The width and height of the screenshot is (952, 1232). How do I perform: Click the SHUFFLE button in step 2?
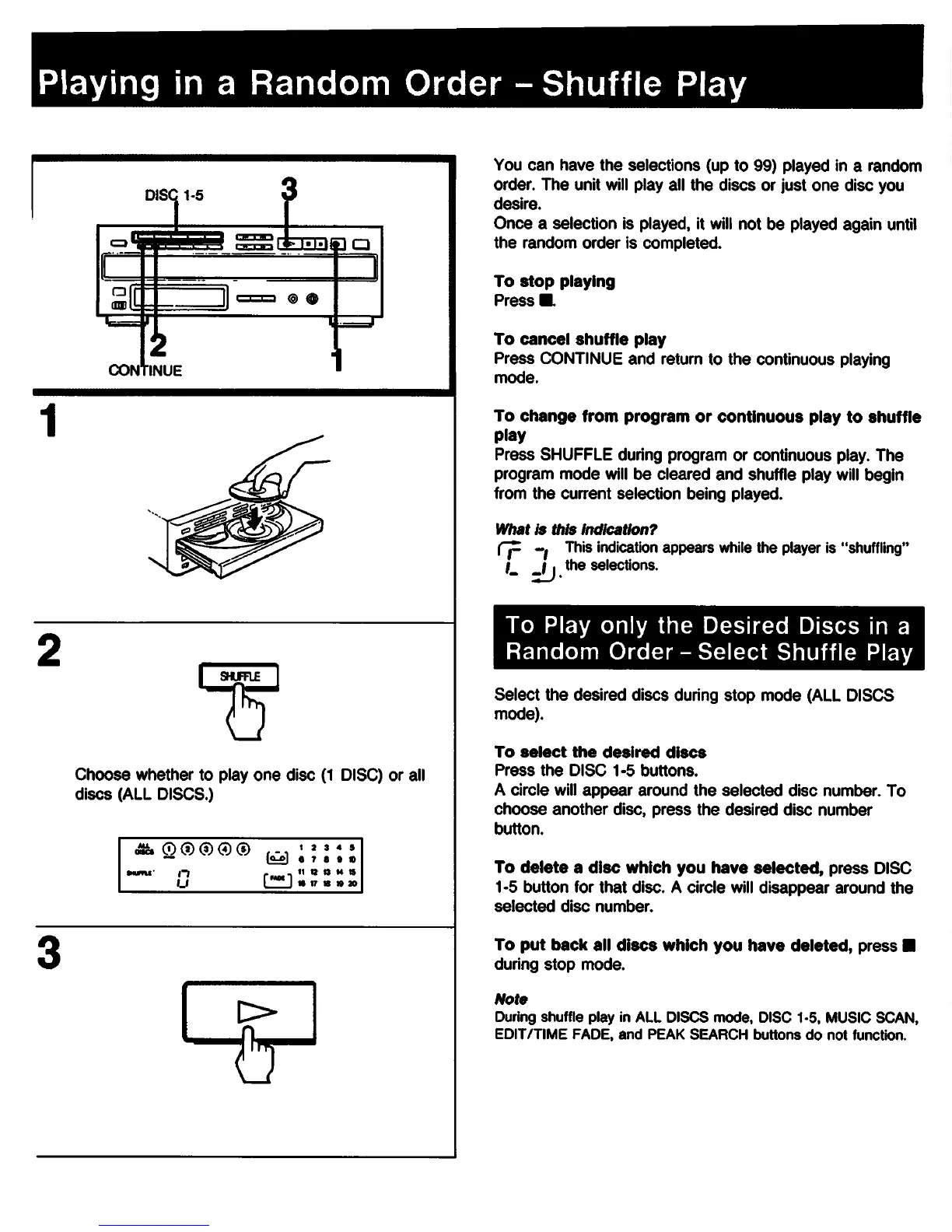pos(240,677)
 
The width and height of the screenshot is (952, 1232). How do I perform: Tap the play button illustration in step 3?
pos(249,1012)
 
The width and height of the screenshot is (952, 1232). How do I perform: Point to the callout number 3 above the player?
pos(289,189)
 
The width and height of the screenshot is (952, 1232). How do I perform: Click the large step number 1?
pos(51,422)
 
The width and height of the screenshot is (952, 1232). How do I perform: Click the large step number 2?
pos(51,650)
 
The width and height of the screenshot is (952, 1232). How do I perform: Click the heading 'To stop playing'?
pos(554,282)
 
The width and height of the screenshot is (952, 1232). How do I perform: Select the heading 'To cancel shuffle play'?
pos(579,339)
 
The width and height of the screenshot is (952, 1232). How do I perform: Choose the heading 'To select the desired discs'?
pos(600,752)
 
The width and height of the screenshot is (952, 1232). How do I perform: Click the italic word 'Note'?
pos(510,999)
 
